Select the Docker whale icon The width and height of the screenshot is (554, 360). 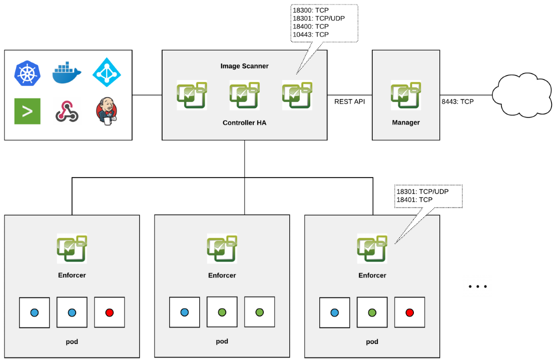67,73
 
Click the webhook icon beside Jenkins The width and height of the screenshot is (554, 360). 67,111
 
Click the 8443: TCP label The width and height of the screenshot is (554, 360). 457,101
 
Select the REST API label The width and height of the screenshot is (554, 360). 350,101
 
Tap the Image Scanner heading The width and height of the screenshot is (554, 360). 245,66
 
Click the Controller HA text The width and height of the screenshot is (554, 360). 245,122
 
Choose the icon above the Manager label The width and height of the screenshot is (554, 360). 406,95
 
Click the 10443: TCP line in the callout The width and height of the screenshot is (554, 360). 311,34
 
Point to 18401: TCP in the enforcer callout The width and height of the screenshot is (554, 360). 414,199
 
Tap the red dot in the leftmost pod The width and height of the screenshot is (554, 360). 110,312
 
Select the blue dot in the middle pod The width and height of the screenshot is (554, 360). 184,312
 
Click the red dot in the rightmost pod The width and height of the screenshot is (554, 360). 409,312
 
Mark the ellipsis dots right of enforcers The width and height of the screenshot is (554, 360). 478,287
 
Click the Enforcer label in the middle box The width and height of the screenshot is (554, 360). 222,275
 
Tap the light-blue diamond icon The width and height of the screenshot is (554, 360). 107,73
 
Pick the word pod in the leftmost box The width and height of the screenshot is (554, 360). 72,341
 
